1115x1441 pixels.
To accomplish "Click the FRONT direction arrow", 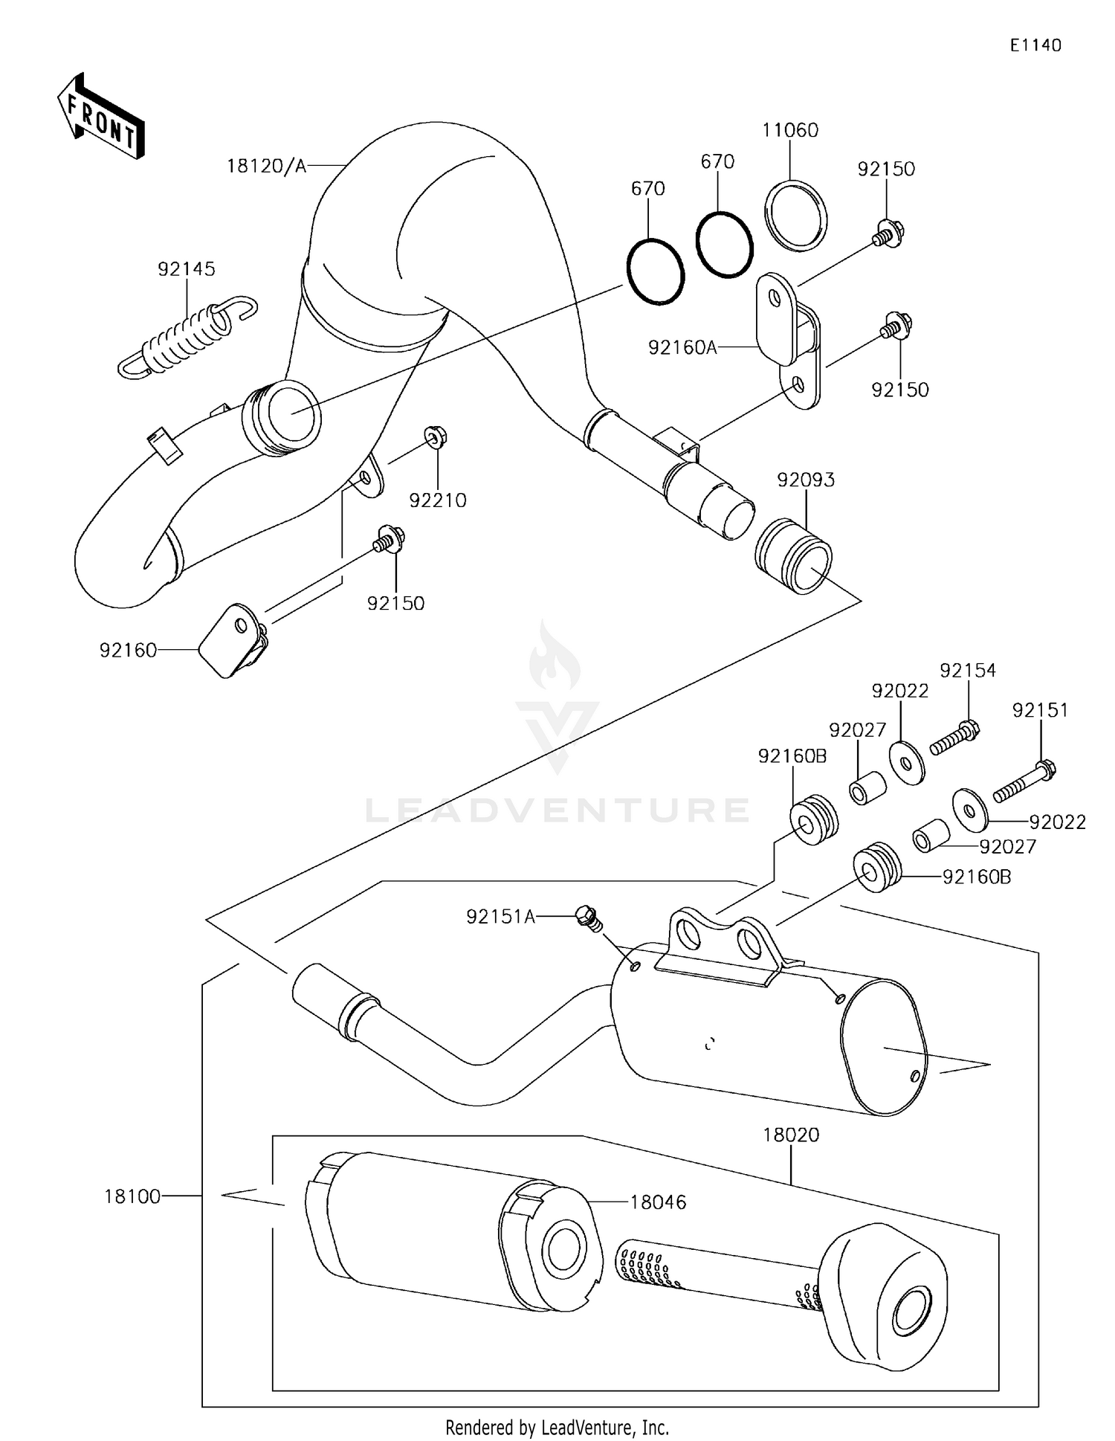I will [x=101, y=117].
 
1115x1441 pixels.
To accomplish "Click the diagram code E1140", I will [x=1035, y=45].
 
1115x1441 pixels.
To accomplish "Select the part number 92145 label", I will [x=186, y=269].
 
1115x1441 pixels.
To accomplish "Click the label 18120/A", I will [x=266, y=166].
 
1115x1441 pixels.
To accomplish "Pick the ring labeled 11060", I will [x=795, y=216].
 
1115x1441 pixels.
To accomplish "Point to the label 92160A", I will [x=682, y=347].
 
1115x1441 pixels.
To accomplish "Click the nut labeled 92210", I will [x=435, y=436].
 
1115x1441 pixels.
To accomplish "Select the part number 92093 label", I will [x=806, y=480].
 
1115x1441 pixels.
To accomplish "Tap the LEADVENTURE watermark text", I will [x=557, y=810].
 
